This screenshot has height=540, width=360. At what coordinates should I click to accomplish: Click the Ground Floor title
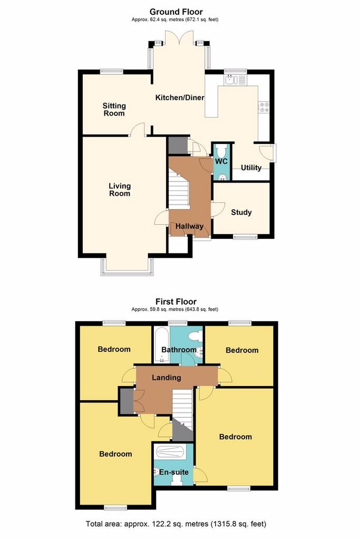176,12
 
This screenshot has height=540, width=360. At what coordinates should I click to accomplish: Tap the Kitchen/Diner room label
180,98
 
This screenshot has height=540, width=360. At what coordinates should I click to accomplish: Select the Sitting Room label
114,110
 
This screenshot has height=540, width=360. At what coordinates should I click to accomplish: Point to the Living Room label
120,190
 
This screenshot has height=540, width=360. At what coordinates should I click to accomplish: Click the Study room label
241,212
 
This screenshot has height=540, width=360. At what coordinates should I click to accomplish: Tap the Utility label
251,168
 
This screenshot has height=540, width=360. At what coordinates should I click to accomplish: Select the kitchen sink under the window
231,80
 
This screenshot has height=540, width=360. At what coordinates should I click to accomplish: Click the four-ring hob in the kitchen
264,108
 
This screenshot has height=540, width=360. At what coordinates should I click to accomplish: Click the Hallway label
189,226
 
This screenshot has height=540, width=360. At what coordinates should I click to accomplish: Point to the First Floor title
176,302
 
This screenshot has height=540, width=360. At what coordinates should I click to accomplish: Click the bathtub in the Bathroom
161,345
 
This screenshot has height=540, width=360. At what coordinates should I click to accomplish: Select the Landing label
166,378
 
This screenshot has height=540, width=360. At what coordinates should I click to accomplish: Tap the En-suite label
173,472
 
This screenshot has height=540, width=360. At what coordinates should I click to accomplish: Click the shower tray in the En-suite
170,451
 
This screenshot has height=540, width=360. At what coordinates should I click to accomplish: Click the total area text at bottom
176,524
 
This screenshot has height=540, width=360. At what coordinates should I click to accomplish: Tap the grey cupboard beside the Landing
126,401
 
